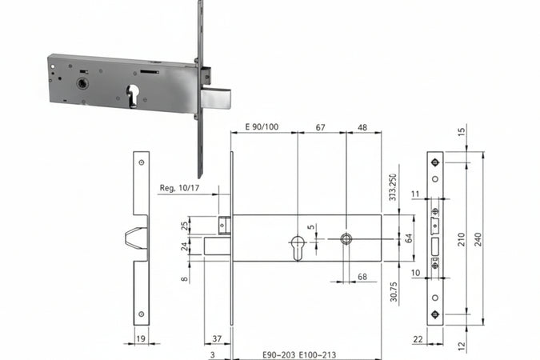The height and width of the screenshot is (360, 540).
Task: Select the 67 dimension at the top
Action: pos(321,126)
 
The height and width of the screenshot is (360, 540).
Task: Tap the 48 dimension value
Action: pos(362,126)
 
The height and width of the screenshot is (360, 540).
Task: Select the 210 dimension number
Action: pos(461,238)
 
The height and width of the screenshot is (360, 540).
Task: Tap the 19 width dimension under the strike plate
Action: pos(141,339)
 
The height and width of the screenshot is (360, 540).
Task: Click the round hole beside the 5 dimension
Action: pos(346,238)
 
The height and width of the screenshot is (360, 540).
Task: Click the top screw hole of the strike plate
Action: pos(141,162)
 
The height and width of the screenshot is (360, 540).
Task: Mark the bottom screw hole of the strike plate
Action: pos(141,314)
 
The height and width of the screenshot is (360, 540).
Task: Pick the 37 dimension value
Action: pos(217,339)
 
